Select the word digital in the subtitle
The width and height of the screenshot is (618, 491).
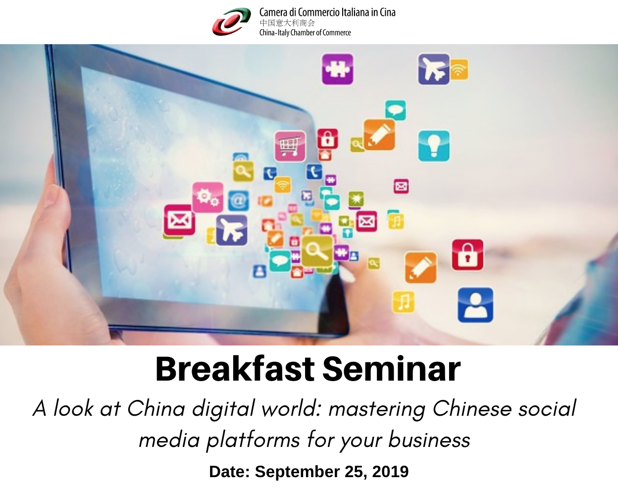coord(223,408)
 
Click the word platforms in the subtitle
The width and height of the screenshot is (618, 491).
coord(253,440)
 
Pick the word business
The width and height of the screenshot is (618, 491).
coord(429,440)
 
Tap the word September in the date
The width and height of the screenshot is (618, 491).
coord(298,472)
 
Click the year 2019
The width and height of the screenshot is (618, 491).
coord(390,472)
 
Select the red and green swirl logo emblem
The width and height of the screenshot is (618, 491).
coord(231,22)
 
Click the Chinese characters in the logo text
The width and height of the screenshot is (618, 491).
coord(287,23)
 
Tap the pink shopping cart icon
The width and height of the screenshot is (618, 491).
coord(290,146)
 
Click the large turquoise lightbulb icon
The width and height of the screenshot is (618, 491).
coord(434,146)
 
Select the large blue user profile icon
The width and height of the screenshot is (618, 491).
coord(475,305)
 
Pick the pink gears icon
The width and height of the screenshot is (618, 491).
coord(207,197)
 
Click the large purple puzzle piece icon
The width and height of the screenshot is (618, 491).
coord(337,69)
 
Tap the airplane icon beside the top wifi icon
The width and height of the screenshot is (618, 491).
coord(434,69)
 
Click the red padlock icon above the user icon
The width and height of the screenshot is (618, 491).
coord(467,255)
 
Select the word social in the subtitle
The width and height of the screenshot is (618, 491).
coord(547,408)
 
